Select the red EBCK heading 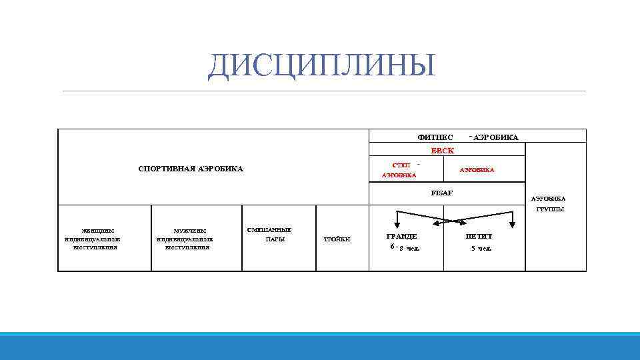pyautogui.click(x=442, y=151)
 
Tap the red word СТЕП pyautogui.click(x=401, y=165)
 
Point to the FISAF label pyautogui.click(x=441, y=193)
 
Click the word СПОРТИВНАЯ pyautogui.click(x=163, y=169)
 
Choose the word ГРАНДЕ pyautogui.click(x=402, y=237)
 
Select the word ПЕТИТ pyautogui.click(x=479, y=237)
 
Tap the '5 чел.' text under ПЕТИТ pyautogui.click(x=481, y=249)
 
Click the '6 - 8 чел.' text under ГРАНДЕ pyautogui.click(x=405, y=248)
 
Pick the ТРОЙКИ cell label pyautogui.click(x=336, y=239)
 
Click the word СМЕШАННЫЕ pyautogui.click(x=269, y=229)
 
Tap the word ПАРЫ pyautogui.click(x=275, y=239)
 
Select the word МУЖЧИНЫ pyautogui.click(x=185, y=231)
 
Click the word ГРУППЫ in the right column pyautogui.click(x=550, y=209)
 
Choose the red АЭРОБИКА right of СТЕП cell pyautogui.click(x=477, y=169)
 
